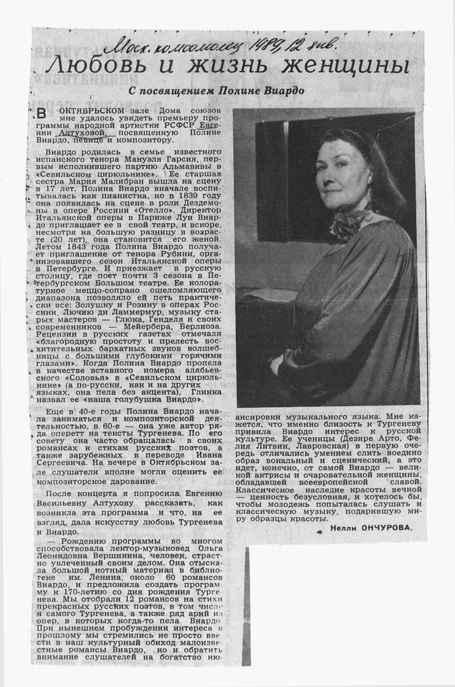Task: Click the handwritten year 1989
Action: coord(266,45)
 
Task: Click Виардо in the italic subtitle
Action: coord(284,91)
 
